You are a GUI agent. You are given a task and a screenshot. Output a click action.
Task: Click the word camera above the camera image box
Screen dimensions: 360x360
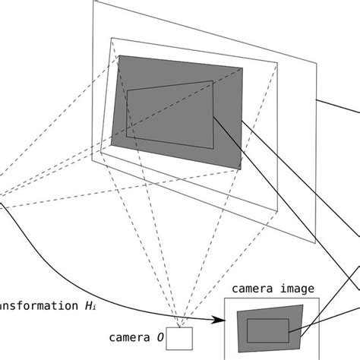[x=251, y=289]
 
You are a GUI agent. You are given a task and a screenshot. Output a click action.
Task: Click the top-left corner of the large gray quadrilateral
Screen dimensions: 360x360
[x=119, y=56]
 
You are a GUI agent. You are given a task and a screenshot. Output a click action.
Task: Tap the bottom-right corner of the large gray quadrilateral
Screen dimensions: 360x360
[x=242, y=168]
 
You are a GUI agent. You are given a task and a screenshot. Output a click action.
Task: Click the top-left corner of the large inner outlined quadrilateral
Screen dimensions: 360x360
[x=128, y=90]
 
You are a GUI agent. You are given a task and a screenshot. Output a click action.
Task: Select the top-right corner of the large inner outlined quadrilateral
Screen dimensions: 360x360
[x=213, y=80]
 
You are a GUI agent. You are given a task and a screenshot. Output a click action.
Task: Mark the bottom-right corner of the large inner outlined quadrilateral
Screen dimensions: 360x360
[x=214, y=148]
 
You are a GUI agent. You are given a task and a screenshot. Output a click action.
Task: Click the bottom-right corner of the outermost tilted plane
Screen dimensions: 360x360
[x=314, y=243]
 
